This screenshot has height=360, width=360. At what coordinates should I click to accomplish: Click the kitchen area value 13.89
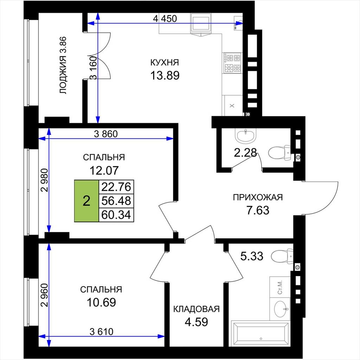coord(165,75)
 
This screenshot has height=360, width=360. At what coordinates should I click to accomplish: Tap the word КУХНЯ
coord(165,63)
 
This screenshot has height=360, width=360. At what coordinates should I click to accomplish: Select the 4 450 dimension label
coord(165,19)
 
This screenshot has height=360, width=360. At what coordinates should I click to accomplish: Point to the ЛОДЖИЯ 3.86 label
coord(63,65)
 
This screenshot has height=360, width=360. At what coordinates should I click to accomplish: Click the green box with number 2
coord(86,201)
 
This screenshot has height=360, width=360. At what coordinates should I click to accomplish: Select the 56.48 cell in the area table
coord(116,201)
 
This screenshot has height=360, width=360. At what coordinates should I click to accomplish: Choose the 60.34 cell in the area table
coord(116,215)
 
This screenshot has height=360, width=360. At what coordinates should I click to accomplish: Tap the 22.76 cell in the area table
coord(116,187)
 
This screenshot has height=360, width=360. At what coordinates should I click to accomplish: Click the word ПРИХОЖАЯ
coord(258,197)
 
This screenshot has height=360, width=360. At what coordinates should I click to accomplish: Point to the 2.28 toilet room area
coord(245,153)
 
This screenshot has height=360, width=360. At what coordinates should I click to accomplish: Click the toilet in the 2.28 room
coord(279,153)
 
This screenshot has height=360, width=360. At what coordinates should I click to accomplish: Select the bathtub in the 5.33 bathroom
coord(261,334)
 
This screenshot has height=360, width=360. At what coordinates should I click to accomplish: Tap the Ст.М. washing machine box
coord(280,287)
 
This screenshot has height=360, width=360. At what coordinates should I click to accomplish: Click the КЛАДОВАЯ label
coord(196,309)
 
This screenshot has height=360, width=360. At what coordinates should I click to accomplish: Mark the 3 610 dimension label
coord(102,332)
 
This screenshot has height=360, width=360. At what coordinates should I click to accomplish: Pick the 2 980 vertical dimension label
coord(45,180)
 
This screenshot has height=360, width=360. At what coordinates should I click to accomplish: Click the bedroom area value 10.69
coord(101,302)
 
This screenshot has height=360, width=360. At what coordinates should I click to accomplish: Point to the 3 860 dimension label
coord(106,134)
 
